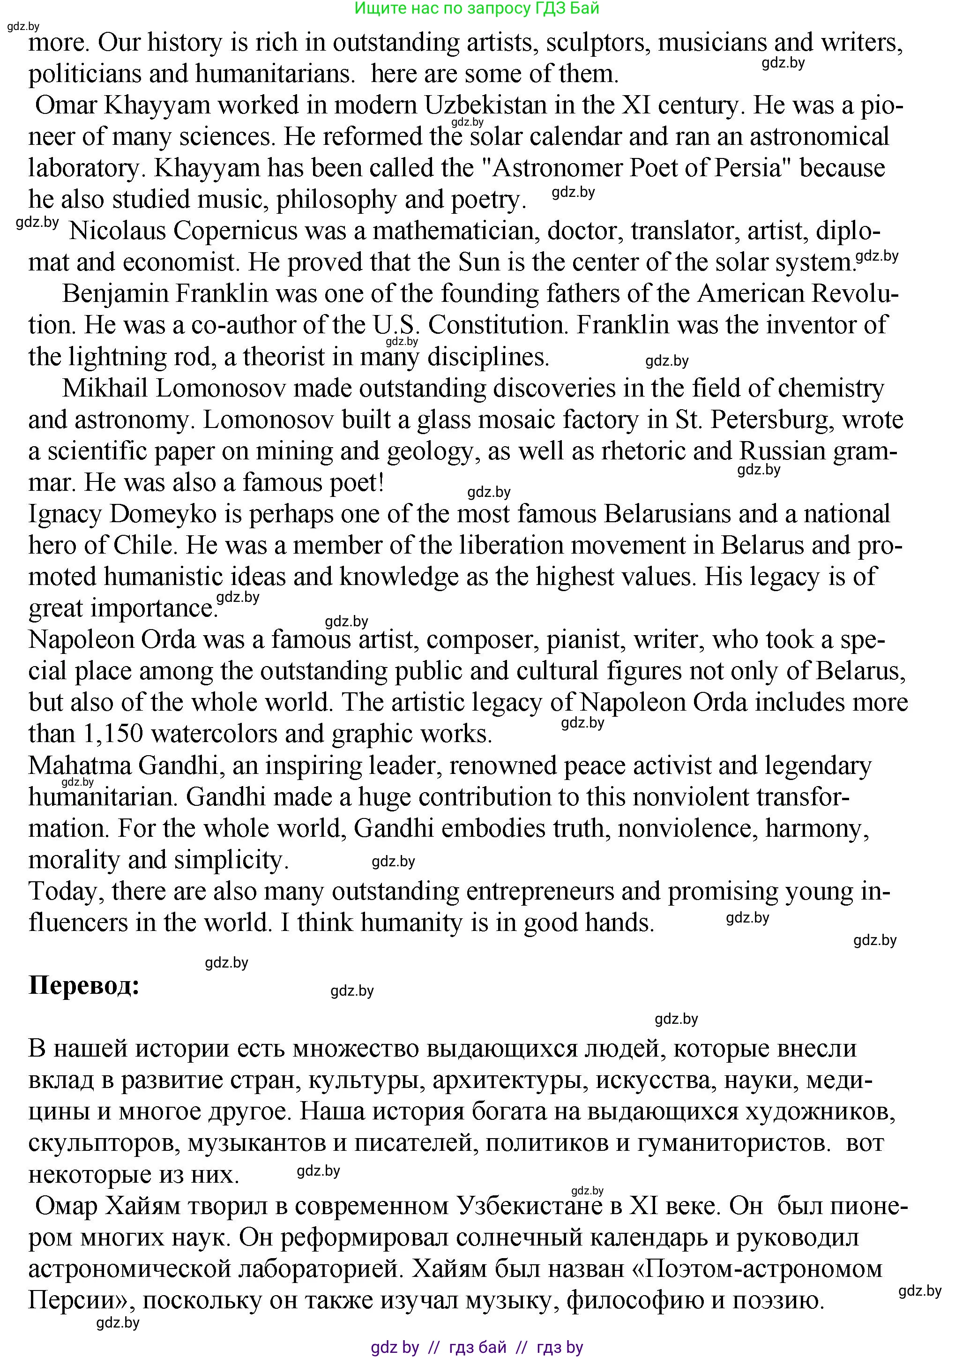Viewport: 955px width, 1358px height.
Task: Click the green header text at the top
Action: coord(477,8)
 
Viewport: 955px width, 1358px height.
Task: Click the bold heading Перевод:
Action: coord(84,985)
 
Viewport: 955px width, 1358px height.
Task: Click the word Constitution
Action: coord(498,325)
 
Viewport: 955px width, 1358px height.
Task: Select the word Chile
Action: coord(144,545)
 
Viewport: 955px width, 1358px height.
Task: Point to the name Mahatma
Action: coord(80,765)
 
